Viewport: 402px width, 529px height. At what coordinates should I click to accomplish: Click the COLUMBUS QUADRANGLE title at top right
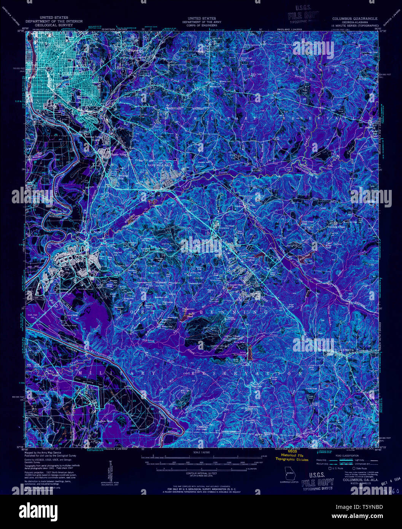pos(354,18)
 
